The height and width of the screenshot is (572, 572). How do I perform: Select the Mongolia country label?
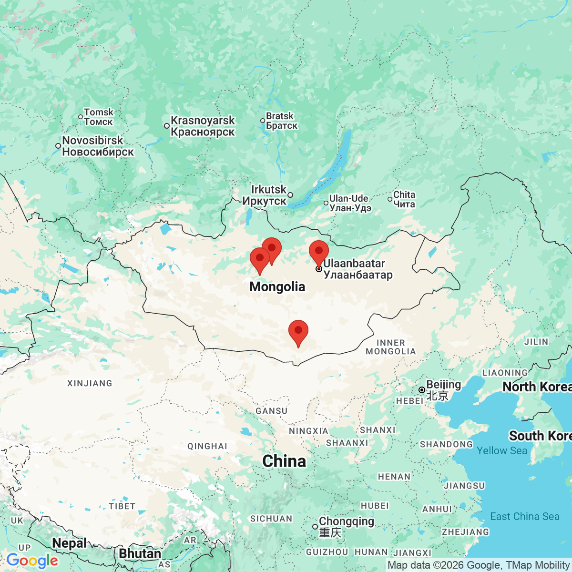tap(277, 286)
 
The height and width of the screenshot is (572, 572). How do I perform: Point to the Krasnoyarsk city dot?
tap(167, 126)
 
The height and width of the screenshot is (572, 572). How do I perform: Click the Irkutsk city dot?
tap(290, 195)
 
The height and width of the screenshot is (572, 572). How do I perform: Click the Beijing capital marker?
tap(422, 390)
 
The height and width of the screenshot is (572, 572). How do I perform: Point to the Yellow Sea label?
tap(502, 450)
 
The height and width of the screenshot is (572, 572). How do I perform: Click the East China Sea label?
tap(524, 517)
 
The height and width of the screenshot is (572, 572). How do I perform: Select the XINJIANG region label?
tap(90, 383)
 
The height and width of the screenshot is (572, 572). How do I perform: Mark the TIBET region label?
tap(122, 506)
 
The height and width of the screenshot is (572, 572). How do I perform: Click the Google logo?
tap(32, 561)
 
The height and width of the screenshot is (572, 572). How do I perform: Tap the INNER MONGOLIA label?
tap(390, 347)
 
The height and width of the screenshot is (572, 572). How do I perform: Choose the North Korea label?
tap(537, 387)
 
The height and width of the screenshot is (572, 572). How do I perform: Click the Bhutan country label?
tap(140, 554)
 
